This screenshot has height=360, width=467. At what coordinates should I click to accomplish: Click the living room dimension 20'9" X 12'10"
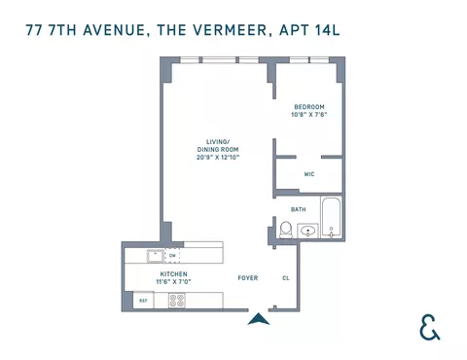point(209,157)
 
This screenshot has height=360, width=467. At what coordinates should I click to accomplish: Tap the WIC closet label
point(308,175)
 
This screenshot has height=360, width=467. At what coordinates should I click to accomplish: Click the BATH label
point(299,209)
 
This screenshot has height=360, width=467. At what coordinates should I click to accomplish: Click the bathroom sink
point(308,232)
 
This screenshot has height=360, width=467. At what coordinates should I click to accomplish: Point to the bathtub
point(332,220)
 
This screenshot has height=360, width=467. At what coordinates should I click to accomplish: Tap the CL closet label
point(285,277)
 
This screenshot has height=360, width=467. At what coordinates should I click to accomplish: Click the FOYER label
point(248,277)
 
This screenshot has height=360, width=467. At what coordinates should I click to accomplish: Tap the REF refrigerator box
point(143,301)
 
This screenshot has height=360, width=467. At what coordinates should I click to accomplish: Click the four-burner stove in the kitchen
point(177,301)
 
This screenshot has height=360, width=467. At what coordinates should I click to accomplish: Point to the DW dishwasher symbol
point(173,257)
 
